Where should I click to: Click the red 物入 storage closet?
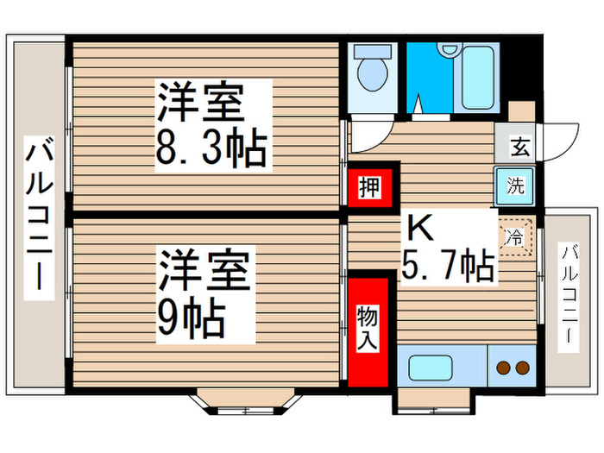click(x=368, y=329)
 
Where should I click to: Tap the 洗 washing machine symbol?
click(x=515, y=185)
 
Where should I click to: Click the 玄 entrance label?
click(x=519, y=146)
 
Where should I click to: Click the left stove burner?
click(x=503, y=369)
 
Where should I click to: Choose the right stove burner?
click(x=522, y=369)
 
